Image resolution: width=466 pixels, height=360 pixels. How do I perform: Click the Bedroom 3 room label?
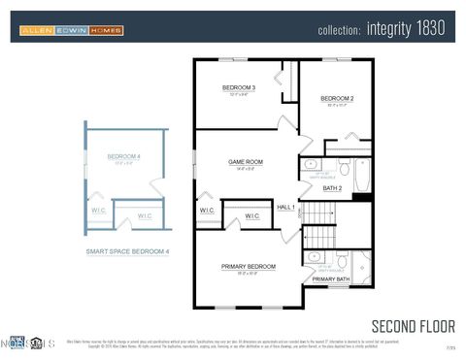pyautogui.click(x=238, y=87)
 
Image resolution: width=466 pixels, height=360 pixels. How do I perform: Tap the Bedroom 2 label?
pyautogui.click(x=337, y=98)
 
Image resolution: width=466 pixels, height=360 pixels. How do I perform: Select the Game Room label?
pyautogui.click(x=245, y=162)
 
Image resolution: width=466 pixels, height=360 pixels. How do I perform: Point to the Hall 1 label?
pyautogui.click(x=286, y=207)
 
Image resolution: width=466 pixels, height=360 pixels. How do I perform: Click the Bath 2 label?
pyautogui.click(x=332, y=188)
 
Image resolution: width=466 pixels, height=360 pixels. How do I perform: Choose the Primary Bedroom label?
pyautogui.click(x=248, y=267)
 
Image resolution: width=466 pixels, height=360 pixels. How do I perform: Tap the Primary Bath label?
pyautogui.click(x=330, y=279)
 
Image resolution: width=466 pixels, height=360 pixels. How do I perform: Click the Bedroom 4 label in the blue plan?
pyautogui.click(x=123, y=157)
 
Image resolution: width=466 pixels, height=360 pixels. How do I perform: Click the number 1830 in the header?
pyautogui.click(x=431, y=29)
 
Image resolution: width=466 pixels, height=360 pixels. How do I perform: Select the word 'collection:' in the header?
pyautogui.click(x=340, y=30)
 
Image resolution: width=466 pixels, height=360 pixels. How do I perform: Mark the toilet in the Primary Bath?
pyautogui.click(x=342, y=261)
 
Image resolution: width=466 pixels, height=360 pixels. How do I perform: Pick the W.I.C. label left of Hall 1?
pyautogui.click(x=208, y=211)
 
